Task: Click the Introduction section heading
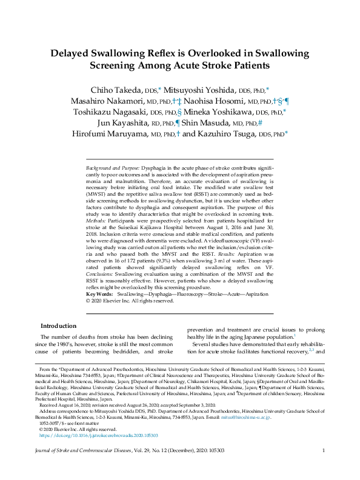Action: point(58,326)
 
